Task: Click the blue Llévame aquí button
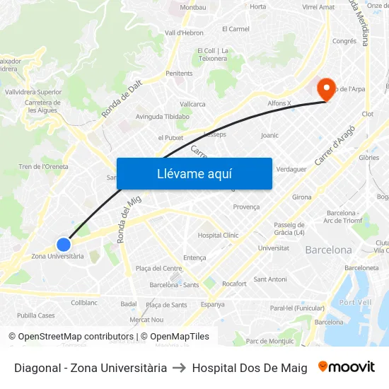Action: pyautogui.click(x=194, y=173)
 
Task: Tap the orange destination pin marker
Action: pyautogui.click(x=326, y=89)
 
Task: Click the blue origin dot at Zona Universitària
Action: pyautogui.click(x=64, y=244)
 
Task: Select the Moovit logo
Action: pyautogui.click(x=347, y=367)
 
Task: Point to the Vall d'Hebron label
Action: pyautogui.click(x=184, y=33)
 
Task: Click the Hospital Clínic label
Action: pyautogui.click(x=219, y=235)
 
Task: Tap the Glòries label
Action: pyautogui.click(x=368, y=158)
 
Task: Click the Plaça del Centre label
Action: pyautogui.click(x=158, y=268)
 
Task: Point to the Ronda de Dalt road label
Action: pyautogui.click(x=122, y=98)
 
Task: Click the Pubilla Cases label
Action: pyautogui.click(x=36, y=315)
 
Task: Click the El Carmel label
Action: pyautogui.click(x=236, y=29)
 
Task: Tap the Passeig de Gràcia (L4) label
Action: pyautogui.click(x=289, y=228)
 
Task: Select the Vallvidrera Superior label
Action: pyautogui.click(x=33, y=92)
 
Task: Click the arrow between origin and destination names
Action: pyautogui.click(x=180, y=368)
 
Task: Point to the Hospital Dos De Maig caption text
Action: pyautogui.click(x=250, y=368)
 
